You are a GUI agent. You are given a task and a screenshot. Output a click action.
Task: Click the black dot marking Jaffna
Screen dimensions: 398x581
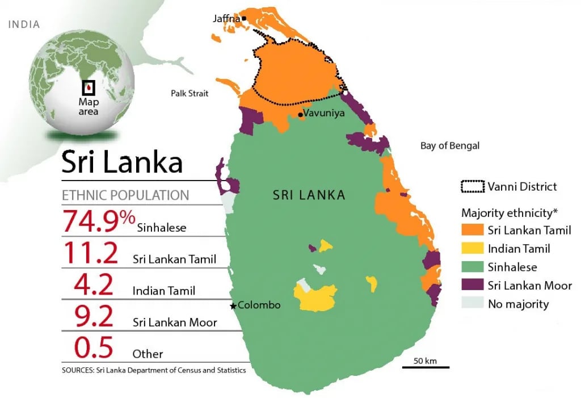(x=244, y=19)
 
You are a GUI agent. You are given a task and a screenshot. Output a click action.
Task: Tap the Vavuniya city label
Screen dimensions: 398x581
(x=324, y=113)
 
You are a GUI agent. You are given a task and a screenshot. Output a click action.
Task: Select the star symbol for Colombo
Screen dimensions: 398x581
(x=233, y=306)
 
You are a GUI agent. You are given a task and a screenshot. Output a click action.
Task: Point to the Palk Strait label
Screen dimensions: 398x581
(x=190, y=93)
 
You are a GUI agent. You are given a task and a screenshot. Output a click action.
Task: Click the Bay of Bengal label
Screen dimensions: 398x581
(x=449, y=146)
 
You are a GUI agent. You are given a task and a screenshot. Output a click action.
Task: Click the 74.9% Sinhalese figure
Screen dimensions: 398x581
(x=99, y=221)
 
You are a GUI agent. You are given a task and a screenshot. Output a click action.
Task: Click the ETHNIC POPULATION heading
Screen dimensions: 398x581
(x=125, y=195)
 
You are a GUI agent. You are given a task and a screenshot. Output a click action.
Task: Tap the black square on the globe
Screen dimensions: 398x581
(x=88, y=87)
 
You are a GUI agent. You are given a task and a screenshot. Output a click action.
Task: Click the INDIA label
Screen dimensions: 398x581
(x=23, y=24)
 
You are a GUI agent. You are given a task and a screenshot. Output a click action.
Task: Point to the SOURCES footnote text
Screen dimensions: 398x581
(x=153, y=370)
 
